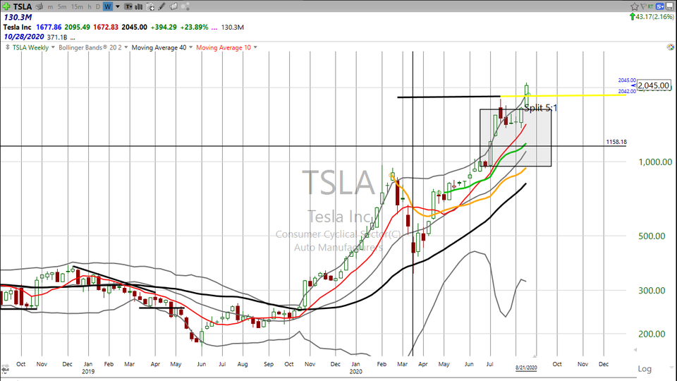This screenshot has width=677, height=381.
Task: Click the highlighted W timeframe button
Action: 108,6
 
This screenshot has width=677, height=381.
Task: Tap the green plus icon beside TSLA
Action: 6,6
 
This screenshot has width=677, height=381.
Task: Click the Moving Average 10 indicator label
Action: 224,47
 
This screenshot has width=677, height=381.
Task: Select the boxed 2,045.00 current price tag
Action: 653,85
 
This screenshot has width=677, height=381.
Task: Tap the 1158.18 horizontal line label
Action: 616,142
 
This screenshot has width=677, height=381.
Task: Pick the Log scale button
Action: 645,369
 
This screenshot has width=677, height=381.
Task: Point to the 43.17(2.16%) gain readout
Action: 653,16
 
